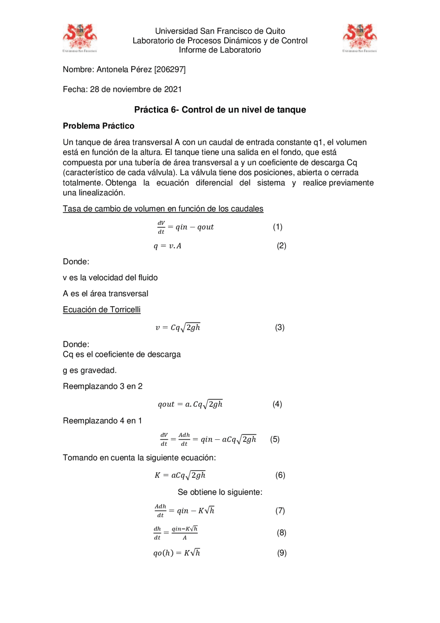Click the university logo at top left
80,38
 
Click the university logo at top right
360,38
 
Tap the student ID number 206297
170,69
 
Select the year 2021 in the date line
173,89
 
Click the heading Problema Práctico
98,126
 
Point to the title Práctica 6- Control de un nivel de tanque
220,110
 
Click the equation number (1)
277,227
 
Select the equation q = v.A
167,246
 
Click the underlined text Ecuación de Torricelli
101,310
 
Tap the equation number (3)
279,327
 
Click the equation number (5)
275,439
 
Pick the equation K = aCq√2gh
180,475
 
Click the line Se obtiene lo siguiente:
220,492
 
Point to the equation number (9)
282,553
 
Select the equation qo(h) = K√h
177,553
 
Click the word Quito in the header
275,31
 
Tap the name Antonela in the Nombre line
110,69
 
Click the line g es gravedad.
90,370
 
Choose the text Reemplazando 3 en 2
102,386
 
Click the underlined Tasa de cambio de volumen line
163,209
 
